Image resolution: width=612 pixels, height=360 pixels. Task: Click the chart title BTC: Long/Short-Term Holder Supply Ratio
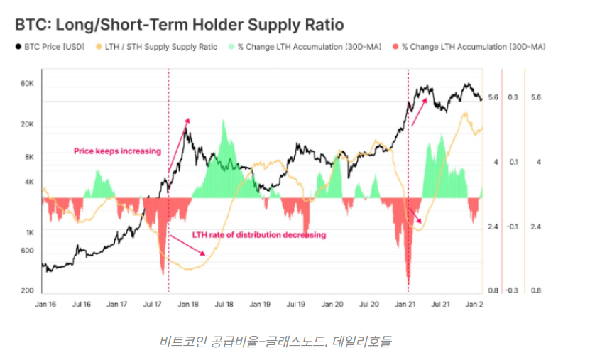179,25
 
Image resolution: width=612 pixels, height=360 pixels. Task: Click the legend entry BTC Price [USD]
53,47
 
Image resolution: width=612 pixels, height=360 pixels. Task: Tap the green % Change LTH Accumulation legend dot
231,47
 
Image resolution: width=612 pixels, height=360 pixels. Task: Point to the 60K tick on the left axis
27,84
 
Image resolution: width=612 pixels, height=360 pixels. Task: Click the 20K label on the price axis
27,125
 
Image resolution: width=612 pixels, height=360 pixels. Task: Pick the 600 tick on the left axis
27,249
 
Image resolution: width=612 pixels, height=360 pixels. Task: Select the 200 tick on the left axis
27,291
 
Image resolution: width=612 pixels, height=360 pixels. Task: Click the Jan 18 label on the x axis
188,305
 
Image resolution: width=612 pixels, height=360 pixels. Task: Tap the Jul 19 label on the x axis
297,305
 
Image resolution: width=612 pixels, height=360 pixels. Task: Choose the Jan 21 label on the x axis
405,305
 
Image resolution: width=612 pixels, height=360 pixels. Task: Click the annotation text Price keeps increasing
117,151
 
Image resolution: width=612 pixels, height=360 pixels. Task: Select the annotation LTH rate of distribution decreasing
259,235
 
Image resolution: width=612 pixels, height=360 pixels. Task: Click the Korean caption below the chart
275,342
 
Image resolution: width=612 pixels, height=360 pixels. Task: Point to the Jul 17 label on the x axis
153,305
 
